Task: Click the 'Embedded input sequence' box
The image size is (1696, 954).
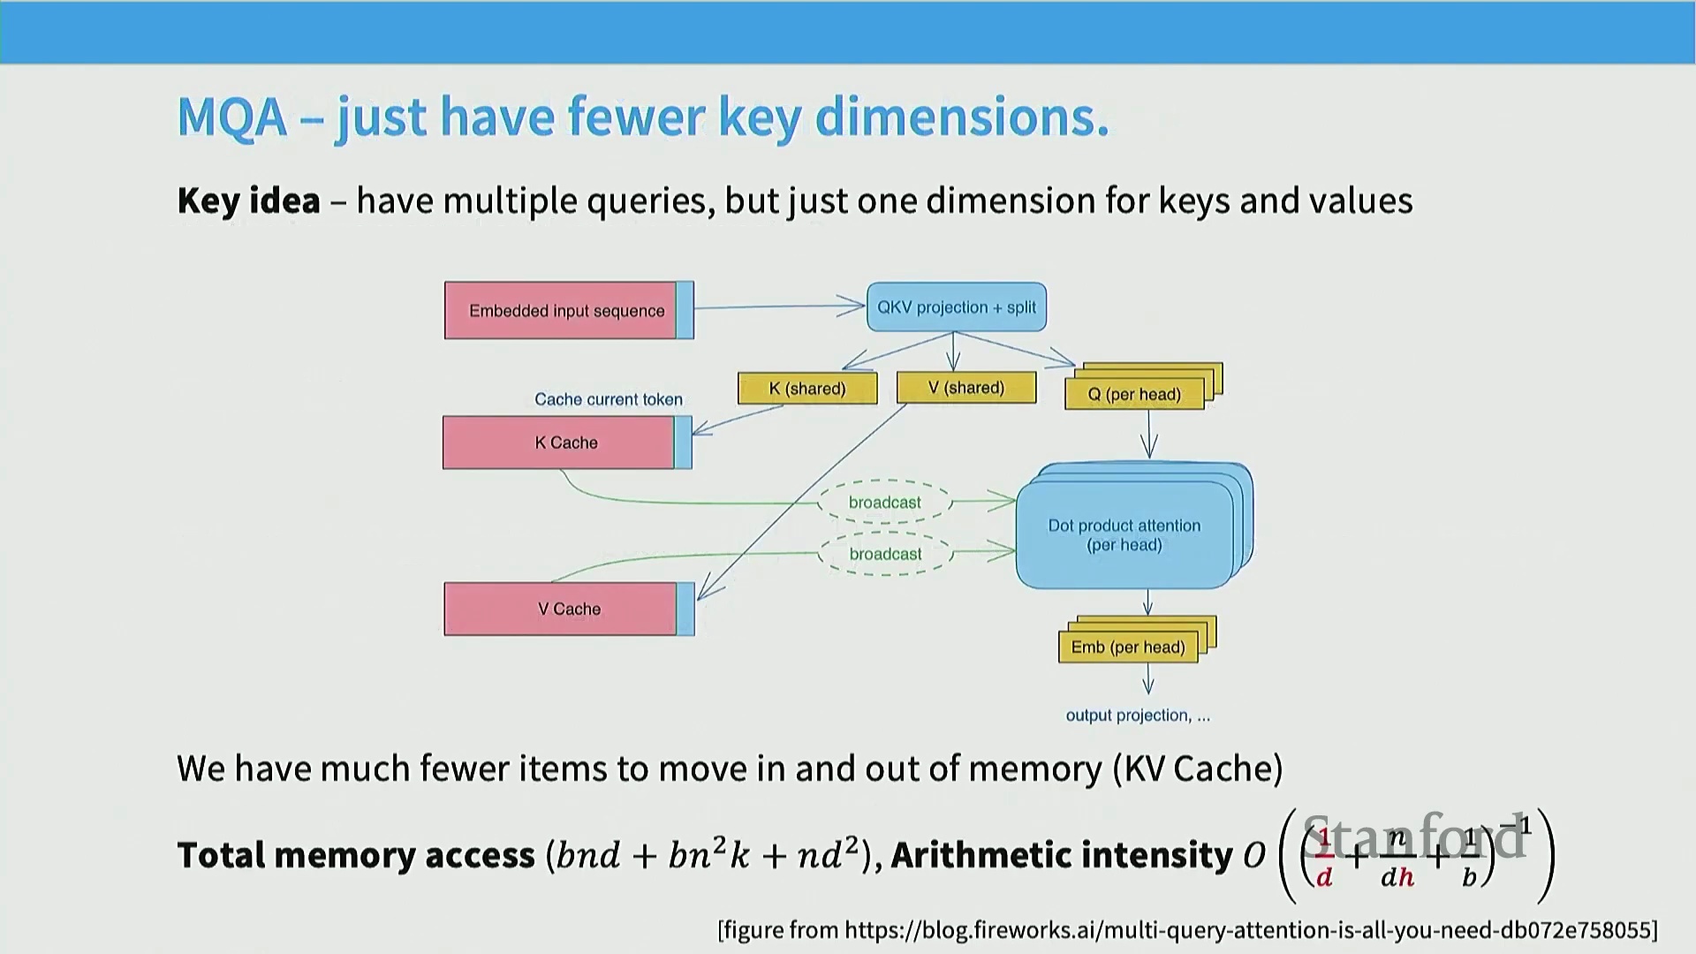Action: tap(567, 310)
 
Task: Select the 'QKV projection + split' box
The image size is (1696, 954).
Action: tap(957, 307)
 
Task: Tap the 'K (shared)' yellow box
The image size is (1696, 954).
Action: tap(807, 389)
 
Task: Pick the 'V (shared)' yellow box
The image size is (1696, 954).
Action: tap(966, 388)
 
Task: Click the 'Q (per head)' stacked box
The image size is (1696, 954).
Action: tap(1134, 394)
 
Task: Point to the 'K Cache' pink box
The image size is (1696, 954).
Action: tap(565, 443)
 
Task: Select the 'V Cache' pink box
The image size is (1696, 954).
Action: tap(568, 609)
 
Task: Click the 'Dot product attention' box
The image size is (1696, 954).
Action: tap(1124, 535)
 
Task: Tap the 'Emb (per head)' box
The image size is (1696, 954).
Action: tap(1128, 647)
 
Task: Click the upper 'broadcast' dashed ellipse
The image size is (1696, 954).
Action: tap(885, 503)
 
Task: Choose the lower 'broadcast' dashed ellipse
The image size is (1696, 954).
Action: tap(885, 554)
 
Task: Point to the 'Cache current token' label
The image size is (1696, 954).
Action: tap(609, 399)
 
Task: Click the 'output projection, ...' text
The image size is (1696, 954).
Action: tap(1138, 715)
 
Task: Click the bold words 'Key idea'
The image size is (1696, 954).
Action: tap(249, 201)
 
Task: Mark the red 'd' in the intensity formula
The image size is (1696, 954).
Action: tap(1324, 876)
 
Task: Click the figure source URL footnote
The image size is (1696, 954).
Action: tap(1187, 930)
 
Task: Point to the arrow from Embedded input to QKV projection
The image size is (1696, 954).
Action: tap(777, 307)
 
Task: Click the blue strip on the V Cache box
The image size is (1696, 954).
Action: tap(685, 609)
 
